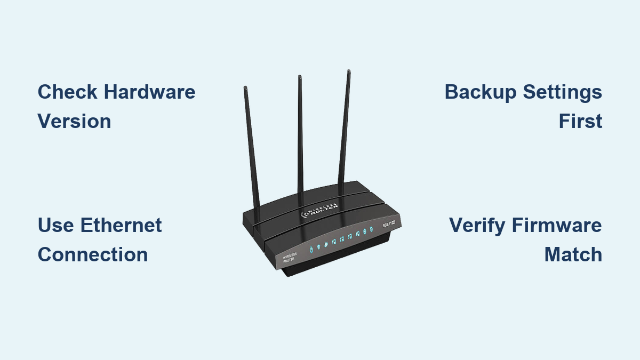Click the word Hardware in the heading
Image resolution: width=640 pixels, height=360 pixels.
(149, 92)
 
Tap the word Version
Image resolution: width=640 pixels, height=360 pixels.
(74, 122)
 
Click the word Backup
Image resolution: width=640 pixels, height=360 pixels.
(481, 92)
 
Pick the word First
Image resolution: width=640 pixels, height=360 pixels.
(580, 122)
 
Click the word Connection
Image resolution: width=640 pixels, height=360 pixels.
(93, 254)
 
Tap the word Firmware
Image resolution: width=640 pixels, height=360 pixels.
(557, 225)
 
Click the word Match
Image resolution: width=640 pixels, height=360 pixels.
(573, 254)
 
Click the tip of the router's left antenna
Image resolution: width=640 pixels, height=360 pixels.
(245, 87)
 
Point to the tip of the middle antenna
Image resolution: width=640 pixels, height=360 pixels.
(299, 77)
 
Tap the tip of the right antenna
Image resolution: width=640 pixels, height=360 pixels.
(349, 71)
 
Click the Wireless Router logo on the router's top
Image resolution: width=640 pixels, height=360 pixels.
(321, 211)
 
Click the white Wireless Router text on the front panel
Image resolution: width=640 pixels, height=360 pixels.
(290, 258)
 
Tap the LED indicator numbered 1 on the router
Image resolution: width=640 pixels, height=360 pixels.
(334, 241)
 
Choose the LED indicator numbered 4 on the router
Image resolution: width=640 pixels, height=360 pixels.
(357, 235)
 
